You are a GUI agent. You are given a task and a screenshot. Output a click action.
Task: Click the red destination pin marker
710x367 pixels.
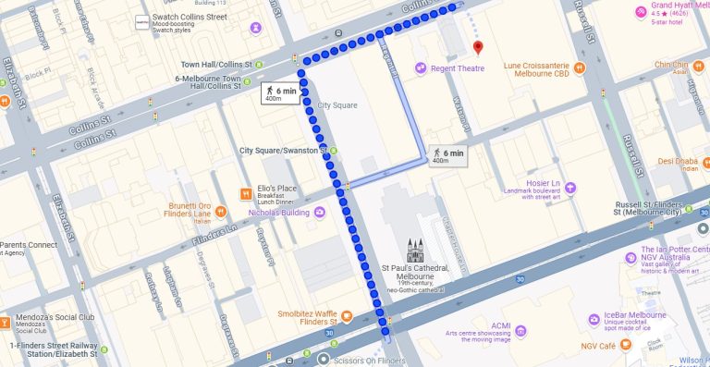point(477,47)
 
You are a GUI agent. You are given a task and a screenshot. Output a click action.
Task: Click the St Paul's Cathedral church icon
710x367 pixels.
point(414,250)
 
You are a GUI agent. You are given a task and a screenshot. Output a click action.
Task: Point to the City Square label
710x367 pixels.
point(337,104)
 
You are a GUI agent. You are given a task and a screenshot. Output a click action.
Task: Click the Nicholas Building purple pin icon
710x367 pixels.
point(320,213)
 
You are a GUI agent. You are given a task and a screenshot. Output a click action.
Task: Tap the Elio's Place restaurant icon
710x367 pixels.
point(247,194)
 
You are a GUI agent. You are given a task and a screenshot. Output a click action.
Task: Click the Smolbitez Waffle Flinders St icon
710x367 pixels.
point(346,317)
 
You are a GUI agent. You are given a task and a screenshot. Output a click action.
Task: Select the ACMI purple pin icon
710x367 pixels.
point(520,330)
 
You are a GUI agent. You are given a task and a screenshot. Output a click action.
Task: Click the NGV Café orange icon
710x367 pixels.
point(627,346)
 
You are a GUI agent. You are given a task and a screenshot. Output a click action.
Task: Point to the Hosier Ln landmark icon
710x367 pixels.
point(570,188)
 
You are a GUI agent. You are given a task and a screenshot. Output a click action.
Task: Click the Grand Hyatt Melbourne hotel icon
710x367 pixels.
point(640,11)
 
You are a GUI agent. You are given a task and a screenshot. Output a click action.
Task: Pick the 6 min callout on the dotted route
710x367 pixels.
point(280,93)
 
